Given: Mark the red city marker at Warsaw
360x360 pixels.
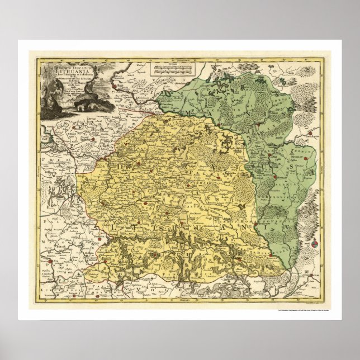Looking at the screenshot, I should pyautogui.click(x=50, y=260).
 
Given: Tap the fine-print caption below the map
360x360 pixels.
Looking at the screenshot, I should pyautogui.click(x=291, y=311).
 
